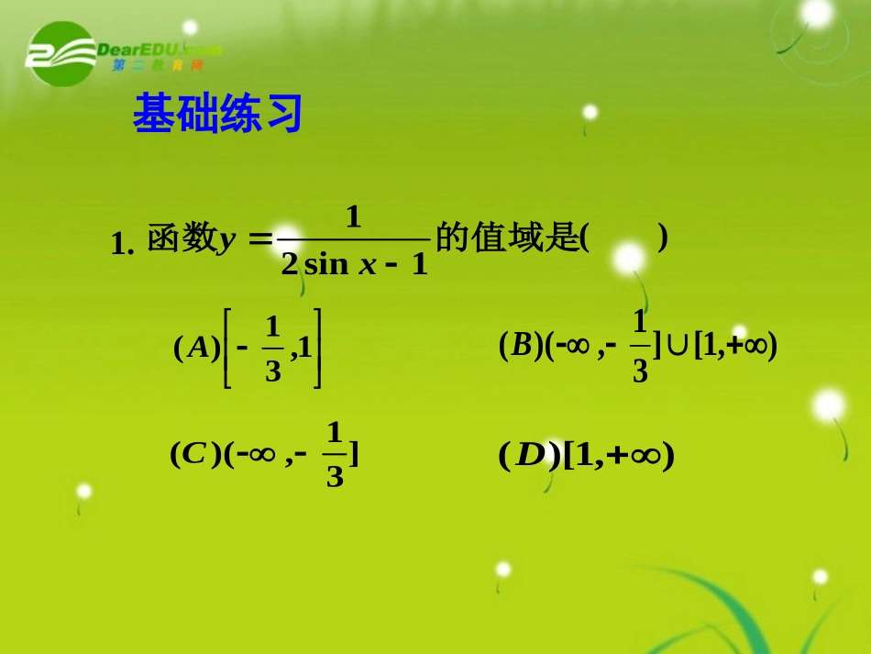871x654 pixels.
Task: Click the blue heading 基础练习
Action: tap(217, 115)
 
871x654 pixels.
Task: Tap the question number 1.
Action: tap(122, 244)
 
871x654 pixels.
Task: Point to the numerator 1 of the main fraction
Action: tap(354, 216)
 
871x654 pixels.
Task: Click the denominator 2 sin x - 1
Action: tap(355, 265)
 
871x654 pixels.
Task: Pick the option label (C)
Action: tap(196, 454)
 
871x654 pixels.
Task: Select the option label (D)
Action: tap(529, 455)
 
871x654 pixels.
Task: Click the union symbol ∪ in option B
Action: tap(678, 346)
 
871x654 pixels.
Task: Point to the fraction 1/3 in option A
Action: tap(272, 349)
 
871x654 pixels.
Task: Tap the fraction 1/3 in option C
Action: tap(335, 454)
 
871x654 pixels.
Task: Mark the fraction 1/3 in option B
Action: tap(640, 346)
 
